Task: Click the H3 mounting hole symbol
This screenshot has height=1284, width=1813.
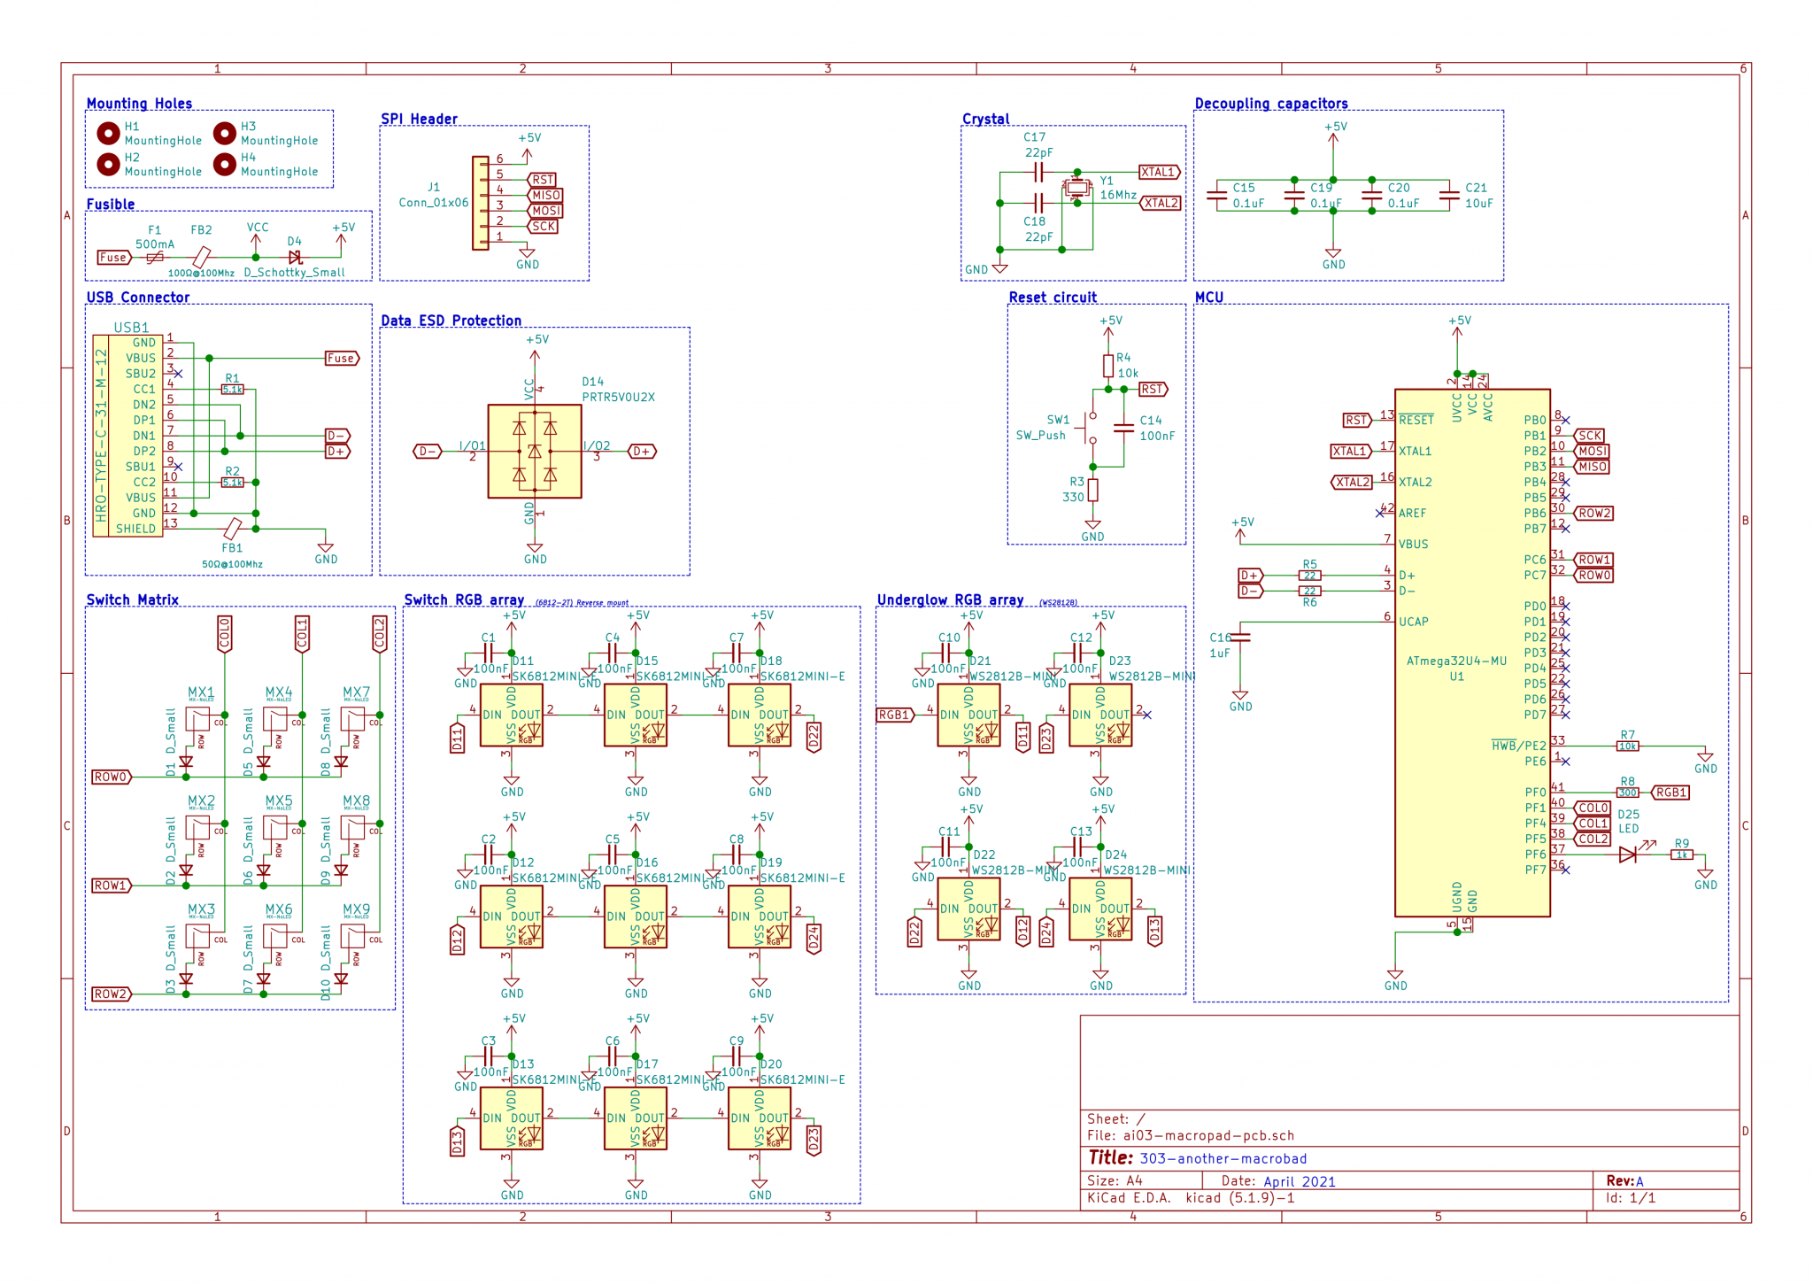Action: tap(225, 133)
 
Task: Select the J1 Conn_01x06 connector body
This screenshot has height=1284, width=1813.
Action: tap(480, 203)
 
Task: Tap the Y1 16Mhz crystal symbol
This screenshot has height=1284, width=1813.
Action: tap(1076, 188)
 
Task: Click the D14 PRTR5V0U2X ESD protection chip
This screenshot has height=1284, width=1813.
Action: tap(535, 452)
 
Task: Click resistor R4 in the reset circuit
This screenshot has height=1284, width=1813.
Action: tap(1107, 366)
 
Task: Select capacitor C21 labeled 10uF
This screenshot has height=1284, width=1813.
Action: tap(1449, 196)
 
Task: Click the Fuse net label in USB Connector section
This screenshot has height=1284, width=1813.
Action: tap(341, 359)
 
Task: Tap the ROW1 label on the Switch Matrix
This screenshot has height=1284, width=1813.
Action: tap(112, 886)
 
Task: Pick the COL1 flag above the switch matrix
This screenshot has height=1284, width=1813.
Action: tap(302, 634)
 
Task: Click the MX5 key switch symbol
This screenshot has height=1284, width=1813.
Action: tap(274, 828)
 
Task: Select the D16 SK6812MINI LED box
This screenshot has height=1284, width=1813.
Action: tap(635, 917)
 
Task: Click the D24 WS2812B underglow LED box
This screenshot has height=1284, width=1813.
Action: tap(1099, 909)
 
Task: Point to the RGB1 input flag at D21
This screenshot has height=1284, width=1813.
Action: tap(894, 715)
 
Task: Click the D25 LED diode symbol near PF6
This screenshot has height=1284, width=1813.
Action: tap(1627, 855)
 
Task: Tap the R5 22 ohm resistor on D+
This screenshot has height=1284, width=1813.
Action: tap(1309, 576)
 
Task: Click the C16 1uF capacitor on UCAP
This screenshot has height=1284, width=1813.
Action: tap(1240, 637)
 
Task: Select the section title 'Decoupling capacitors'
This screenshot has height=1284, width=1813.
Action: tap(1270, 104)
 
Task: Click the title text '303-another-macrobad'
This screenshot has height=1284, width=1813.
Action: tap(1223, 1158)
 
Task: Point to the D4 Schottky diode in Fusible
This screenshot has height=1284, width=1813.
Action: tap(295, 257)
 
